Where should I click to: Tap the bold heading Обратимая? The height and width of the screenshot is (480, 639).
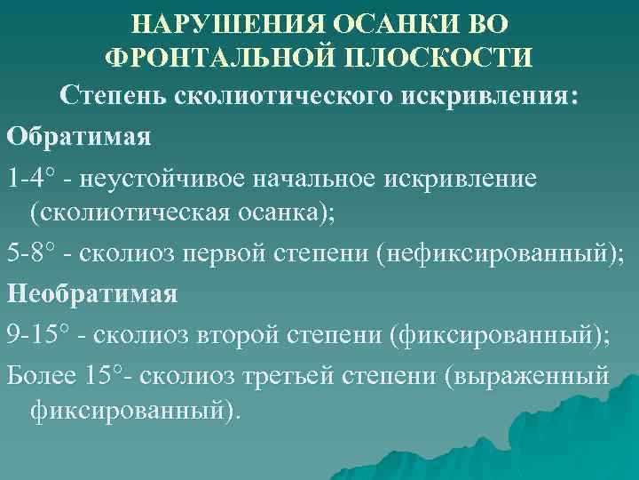click(x=79, y=137)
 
